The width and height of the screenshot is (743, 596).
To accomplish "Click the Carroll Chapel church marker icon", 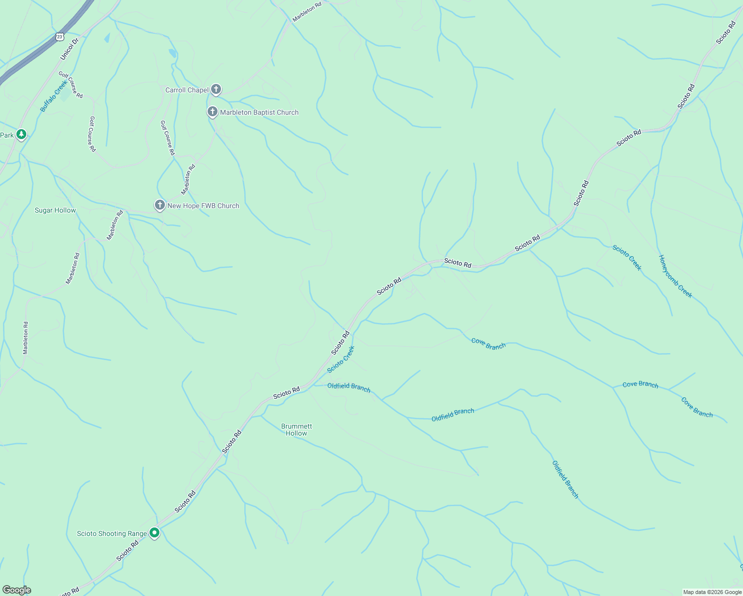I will pyautogui.click(x=216, y=89).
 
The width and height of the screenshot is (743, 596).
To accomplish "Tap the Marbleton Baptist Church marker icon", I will pyautogui.click(x=212, y=112).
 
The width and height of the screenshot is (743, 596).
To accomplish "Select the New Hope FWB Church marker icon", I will pyautogui.click(x=159, y=205).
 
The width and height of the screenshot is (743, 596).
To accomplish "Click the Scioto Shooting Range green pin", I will pyautogui.click(x=154, y=533).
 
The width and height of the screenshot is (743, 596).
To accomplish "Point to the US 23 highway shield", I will pyautogui.click(x=60, y=37).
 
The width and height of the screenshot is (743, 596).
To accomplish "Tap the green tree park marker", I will pyautogui.click(x=21, y=134).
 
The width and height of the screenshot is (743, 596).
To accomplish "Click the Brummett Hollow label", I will pyautogui.click(x=297, y=430).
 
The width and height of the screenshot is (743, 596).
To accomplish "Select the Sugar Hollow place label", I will pyautogui.click(x=55, y=210).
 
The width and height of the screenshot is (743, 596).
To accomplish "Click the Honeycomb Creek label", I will pyautogui.click(x=675, y=276).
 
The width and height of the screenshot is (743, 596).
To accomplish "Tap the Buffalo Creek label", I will pyautogui.click(x=53, y=96).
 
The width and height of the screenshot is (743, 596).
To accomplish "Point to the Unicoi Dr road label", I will pyautogui.click(x=70, y=49).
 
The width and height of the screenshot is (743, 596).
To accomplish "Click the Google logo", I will pyautogui.click(x=16, y=590).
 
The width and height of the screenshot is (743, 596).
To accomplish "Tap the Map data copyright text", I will pyautogui.click(x=712, y=592).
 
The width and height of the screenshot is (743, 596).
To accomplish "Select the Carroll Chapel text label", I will pyautogui.click(x=187, y=90).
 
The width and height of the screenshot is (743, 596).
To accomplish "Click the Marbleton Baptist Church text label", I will pyautogui.click(x=259, y=112).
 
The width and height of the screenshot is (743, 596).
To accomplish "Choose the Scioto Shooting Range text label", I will pyautogui.click(x=112, y=533).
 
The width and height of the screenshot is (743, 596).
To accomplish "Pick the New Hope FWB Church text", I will pyautogui.click(x=203, y=206).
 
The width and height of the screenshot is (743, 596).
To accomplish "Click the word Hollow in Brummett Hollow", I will pyautogui.click(x=297, y=433).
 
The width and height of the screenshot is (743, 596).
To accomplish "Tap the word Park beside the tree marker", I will pyautogui.click(x=7, y=135).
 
